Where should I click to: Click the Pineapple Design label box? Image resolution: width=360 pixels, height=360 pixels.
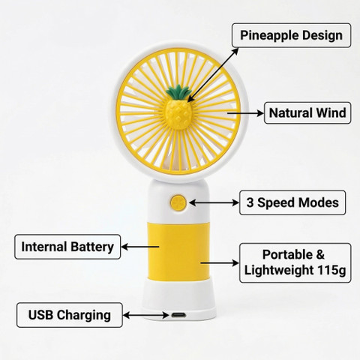pyautogui.click(x=291, y=35)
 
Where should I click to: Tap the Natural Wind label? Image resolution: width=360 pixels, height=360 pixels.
pyautogui.click(x=307, y=112)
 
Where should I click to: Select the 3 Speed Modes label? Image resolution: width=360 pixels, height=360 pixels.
pyautogui.click(x=292, y=202)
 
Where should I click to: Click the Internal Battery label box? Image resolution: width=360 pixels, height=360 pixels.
pyautogui.click(x=67, y=247)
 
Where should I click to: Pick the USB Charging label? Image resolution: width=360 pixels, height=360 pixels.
pyautogui.click(x=70, y=315)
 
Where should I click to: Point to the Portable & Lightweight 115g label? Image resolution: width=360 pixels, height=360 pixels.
pyautogui.click(x=295, y=262)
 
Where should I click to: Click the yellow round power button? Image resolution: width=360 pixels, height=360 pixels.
pyautogui.click(x=178, y=202)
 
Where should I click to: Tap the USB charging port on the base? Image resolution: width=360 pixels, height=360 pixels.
pyautogui.click(x=178, y=315)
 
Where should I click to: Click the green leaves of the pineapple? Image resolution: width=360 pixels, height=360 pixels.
pyautogui.click(x=179, y=92)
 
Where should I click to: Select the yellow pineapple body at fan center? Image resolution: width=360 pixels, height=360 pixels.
pyautogui.click(x=178, y=114)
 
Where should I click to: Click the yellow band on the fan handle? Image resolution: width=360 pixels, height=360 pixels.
pyautogui.click(x=178, y=251)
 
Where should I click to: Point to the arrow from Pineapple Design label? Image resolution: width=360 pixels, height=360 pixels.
pyautogui.click(x=213, y=75)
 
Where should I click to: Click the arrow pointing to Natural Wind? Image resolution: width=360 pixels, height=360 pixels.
pyautogui.click(x=245, y=113)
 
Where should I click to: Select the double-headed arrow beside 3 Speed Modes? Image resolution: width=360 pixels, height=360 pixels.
pyautogui.click(x=214, y=202)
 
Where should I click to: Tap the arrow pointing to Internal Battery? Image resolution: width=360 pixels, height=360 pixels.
pyautogui.click(x=140, y=247)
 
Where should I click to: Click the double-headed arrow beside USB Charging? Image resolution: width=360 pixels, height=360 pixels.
pyautogui.click(x=146, y=315)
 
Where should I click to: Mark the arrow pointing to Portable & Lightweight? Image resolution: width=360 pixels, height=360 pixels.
pyautogui.click(x=220, y=263)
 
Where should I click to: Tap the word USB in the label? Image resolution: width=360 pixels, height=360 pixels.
pyautogui.click(x=40, y=315)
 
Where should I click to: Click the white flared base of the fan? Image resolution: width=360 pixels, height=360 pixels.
pyautogui.click(x=178, y=300)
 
